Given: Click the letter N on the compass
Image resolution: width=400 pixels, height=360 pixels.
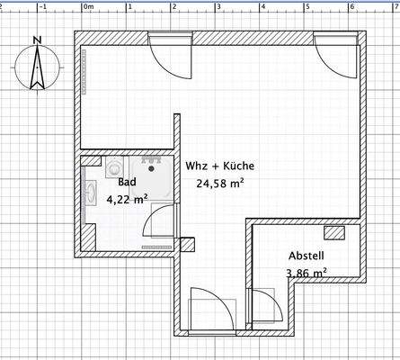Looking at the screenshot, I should coord(36,40).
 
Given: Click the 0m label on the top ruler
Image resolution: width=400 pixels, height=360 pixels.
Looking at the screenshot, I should coord(88,4).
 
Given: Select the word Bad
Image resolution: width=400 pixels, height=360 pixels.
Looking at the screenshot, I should coord(125,181).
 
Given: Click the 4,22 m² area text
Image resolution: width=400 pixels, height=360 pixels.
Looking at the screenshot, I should coord(127,200).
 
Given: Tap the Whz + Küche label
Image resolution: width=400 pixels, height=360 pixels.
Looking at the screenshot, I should coord(220,166).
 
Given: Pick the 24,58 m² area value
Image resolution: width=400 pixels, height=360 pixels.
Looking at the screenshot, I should coord(221,185).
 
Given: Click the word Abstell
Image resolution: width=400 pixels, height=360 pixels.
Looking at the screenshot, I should coord(306,255).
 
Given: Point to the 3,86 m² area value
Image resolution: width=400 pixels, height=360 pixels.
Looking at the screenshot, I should coord(306,273).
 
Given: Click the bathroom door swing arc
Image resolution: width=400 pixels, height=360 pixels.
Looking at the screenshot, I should coord(159,221).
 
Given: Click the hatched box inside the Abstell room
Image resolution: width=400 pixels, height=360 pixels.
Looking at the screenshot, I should coord(334,233).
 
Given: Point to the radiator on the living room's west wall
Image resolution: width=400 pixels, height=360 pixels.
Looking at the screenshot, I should coord(87,71).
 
